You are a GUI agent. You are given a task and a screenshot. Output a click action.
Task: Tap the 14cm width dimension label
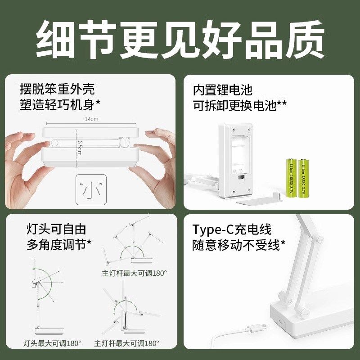tap(91, 119)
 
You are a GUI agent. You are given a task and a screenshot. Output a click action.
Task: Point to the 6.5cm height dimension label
tap(79, 148)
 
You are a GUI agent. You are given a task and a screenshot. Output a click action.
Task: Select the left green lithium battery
tap(291, 178)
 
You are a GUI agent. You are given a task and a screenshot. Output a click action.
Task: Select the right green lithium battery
tap(304, 178)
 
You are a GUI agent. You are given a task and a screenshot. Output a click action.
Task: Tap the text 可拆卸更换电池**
tap(240, 105)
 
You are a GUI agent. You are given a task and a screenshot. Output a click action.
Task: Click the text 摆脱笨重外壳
tap(58, 89)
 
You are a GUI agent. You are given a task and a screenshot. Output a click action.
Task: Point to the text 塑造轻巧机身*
tap(60, 105)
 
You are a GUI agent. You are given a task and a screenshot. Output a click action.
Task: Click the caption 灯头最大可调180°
tap(52, 343)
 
